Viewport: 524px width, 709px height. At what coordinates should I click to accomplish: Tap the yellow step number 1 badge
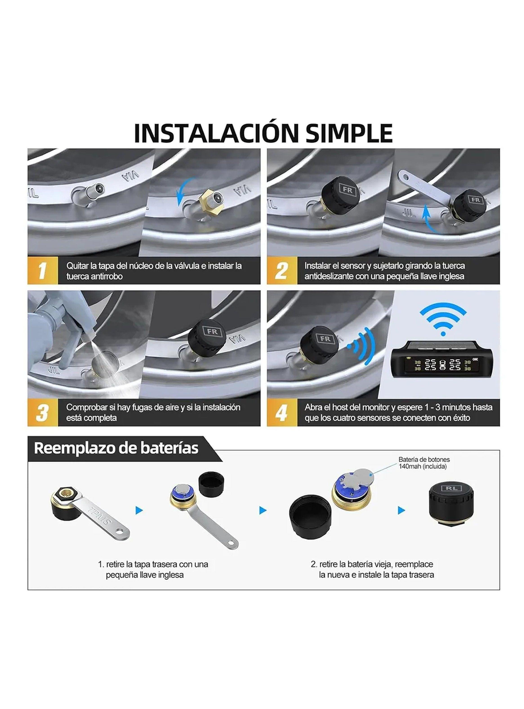(42, 271)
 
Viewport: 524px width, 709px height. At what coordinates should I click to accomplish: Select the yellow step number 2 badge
(282, 271)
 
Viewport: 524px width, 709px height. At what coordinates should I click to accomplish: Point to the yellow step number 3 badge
(42, 412)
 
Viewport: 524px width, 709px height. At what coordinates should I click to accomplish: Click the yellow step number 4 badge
(282, 412)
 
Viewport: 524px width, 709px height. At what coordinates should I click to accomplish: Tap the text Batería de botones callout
(424, 459)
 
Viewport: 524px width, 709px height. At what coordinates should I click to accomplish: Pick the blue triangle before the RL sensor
(401, 510)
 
